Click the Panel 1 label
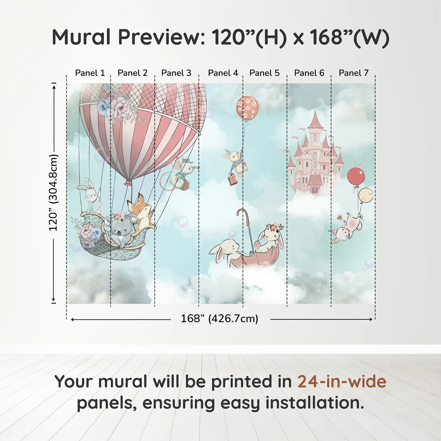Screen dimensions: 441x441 [x=90, y=73]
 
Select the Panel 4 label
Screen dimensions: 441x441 [x=223, y=73]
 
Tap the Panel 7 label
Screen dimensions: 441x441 [x=353, y=73]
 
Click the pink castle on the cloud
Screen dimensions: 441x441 [x=314, y=157]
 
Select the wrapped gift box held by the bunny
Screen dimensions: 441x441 [x=232, y=180]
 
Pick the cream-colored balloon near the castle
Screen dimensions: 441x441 [x=365, y=195]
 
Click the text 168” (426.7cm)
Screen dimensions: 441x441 [x=219, y=319]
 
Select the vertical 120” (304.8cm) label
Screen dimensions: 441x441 [x=53, y=193]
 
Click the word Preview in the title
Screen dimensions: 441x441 [x=159, y=37]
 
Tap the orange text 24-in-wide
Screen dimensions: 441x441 [x=342, y=381]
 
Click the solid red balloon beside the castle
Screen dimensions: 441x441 [x=356, y=176]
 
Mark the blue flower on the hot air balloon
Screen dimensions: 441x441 [x=104, y=107]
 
